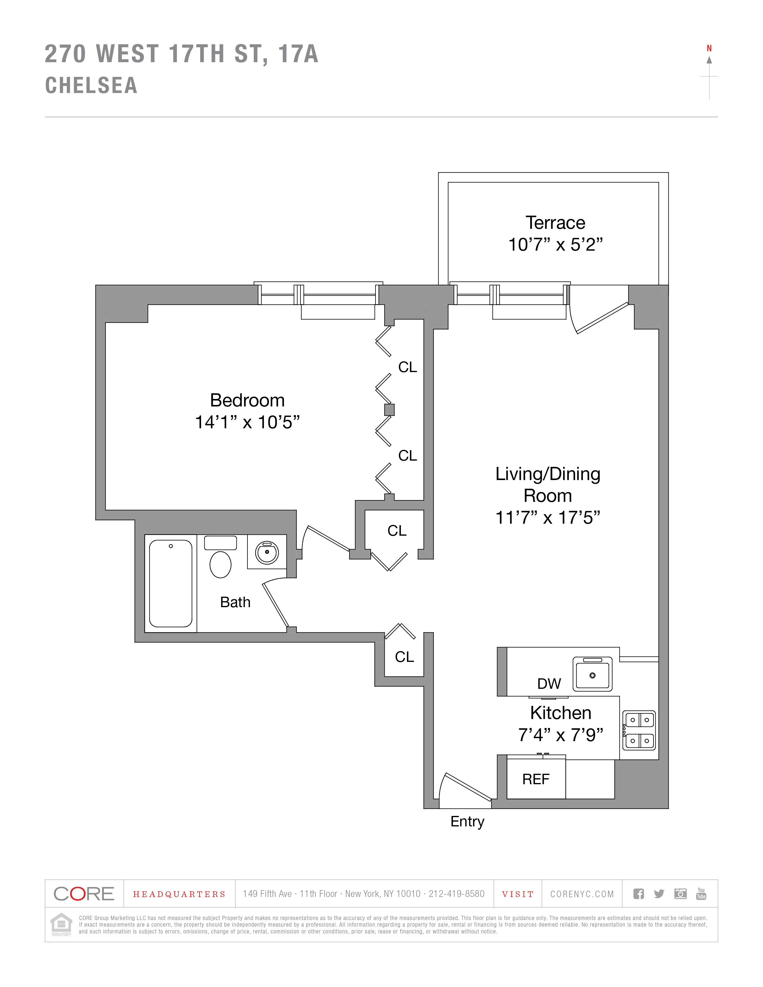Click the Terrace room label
pos(555,223)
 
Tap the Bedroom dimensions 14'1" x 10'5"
pos(247,422)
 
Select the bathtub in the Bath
pos(171,583)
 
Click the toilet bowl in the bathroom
pos(221,564)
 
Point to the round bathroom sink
pos(267,552)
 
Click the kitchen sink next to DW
pos(592,674)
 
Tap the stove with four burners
pos(639,730)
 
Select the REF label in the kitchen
pos(536,779)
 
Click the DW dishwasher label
pos(549,684)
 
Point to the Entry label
pos(467,821)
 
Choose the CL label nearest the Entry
pos(404,657)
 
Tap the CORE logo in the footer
pos(84,893)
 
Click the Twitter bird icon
pos(659,893)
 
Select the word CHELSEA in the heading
pos(91,86)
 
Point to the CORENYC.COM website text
pos(582,894)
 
